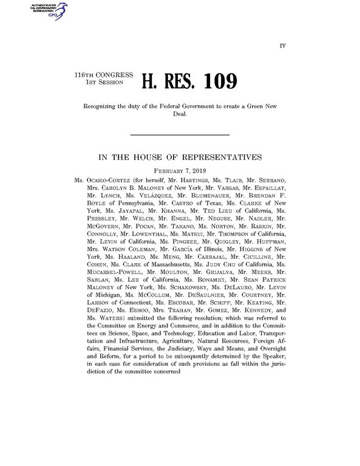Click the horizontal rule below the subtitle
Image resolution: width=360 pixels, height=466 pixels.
180,134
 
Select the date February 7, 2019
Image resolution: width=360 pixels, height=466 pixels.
180,171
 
